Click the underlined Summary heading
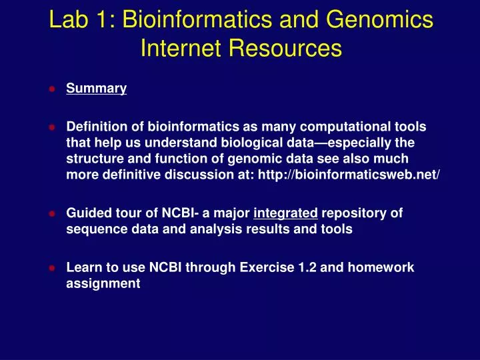click(97, 89)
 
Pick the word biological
click(261, 143)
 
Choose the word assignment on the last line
click(103, 284)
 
